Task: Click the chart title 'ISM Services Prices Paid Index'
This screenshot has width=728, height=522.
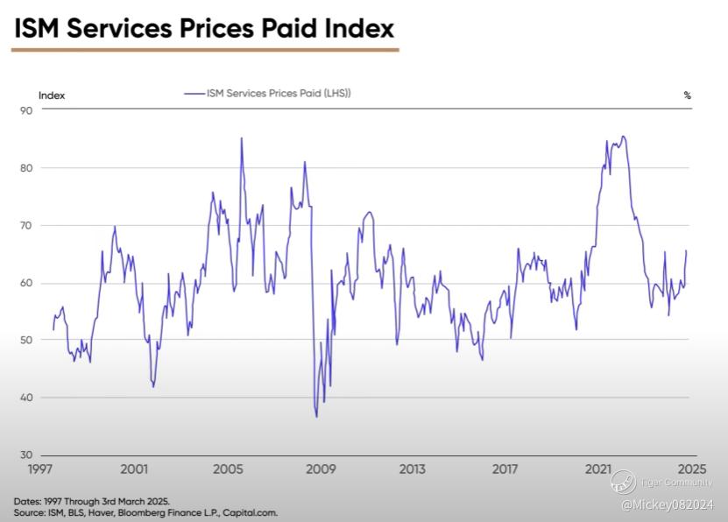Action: pyautogui.click(x=203, y=28)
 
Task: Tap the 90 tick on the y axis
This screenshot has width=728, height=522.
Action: pyautogui.click(x=26, y=110)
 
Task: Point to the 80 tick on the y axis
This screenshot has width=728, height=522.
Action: pyautogui.click(x=26, y=168)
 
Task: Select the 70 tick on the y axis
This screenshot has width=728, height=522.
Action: pyautogui.click(x=26, y=225)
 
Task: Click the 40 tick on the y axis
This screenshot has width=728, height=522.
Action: pyautogui.click(x=26, y=398)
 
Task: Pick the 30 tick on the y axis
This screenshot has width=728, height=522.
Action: pyautogui.click(x=26, y=455)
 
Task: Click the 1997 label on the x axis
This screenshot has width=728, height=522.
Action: pyautogui.click(x=41, y=469)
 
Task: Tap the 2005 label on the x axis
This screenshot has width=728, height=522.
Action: pyautogui.click(x=227, y=469)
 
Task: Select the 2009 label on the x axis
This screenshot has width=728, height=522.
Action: pyautogui.click(x=320, y=469)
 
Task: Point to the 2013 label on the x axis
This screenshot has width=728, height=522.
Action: pyautogui.click(x=413, y=469)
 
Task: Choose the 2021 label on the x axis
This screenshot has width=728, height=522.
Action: pyautogui.click(x=598, y=469)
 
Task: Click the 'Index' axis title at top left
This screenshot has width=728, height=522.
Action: pyautogui.click(x=52, y=95)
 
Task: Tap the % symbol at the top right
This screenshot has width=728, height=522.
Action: pyautogui.click(x=688, y=95)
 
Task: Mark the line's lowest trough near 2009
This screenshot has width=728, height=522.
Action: pyautogui.click(x=316, y=416)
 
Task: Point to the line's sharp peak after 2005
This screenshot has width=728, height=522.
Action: pyautogui.click(x=242, y=138)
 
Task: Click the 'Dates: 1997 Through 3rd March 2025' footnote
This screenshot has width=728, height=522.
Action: pyautogui.click(x=91, y=501)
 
